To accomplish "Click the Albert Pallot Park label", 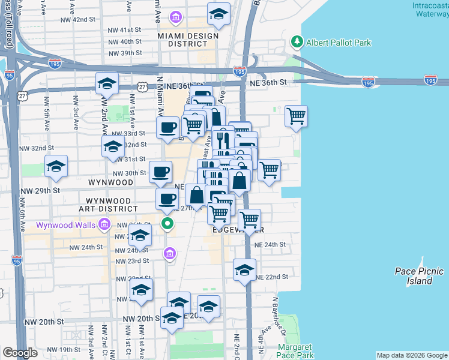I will pyautogui.click(x=339, y=43).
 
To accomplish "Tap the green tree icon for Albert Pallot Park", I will pyautogui.click(x=296, y=42).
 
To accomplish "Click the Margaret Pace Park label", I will pyautogui.click(x=295, y=352).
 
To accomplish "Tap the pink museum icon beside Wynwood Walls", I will pyautogui.click(x=104, y=225).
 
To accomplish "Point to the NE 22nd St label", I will pyautogui.click(x=273, y=277).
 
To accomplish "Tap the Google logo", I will pyautogui.click(x=20, y=353).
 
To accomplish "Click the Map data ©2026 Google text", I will pyautogui.click(x=412, y=355).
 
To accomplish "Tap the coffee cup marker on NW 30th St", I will pyautogui.click(x=160, y=172).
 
